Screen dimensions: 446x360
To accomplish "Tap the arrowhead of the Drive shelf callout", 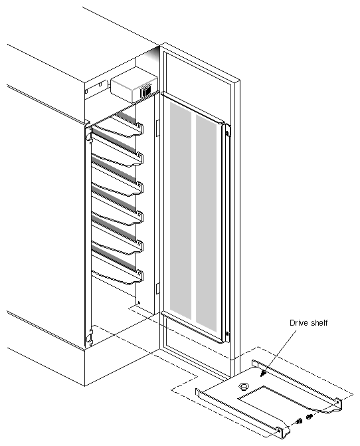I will pos(264,376).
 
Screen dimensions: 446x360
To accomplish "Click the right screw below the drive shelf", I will pos(309,417).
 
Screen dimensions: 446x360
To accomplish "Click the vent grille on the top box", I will pos(145,92).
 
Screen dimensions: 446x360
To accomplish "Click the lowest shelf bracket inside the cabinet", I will pos(120,276).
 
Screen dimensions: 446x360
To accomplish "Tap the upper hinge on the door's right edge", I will pos(227,131).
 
